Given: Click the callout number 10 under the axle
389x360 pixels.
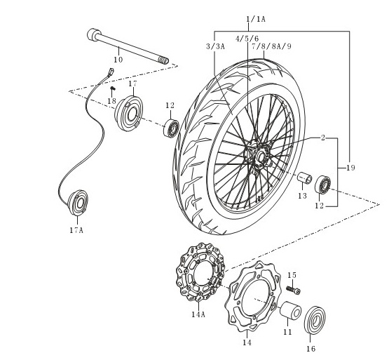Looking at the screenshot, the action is pos(118,60).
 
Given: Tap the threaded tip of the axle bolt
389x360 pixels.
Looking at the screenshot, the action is pos(164,60).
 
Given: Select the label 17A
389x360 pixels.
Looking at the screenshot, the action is pos(76,230).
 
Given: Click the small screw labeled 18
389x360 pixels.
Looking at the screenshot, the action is pos(113,88).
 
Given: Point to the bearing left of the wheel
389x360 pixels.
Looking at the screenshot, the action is pos(171,128).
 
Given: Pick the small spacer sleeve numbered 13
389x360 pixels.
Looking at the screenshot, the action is pos(305,178).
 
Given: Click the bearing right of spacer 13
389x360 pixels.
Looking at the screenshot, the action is pos(322,185).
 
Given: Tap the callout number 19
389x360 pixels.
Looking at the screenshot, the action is pos(350,168).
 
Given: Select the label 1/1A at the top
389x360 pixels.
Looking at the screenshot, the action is pos(256,19).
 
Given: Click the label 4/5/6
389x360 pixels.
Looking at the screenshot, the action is pos(247,39).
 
